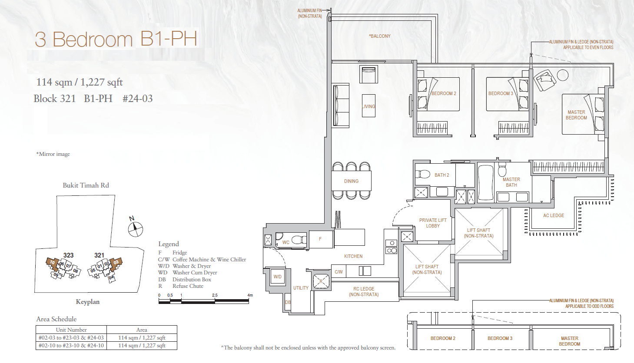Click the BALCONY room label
click(x=379, y=36)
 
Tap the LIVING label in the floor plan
click(x=368, y=106)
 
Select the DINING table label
click(x=351, y=181)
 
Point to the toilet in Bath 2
click(x=422, y=174)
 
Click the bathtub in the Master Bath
click(x=486, y=183)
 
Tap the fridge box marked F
click(x=321, y=239)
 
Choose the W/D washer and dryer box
click(x=278, y=277)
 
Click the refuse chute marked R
click(x=321, y=281)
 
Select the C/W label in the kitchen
click(x=339, y=272)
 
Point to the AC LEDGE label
click(x=554, y=215)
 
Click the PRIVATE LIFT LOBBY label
click(x=433, y=223)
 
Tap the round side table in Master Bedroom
click(x=563, y=75)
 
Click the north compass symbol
click(x=135, y=229)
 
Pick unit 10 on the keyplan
click(x=52, y=262)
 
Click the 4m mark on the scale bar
click(x=250, y=295)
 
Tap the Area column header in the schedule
click(x=142, y=330)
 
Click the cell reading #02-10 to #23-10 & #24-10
click(x=71, y=346)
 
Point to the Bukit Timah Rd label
click(x=86, y=185)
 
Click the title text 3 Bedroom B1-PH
click(x=116, y=39)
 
